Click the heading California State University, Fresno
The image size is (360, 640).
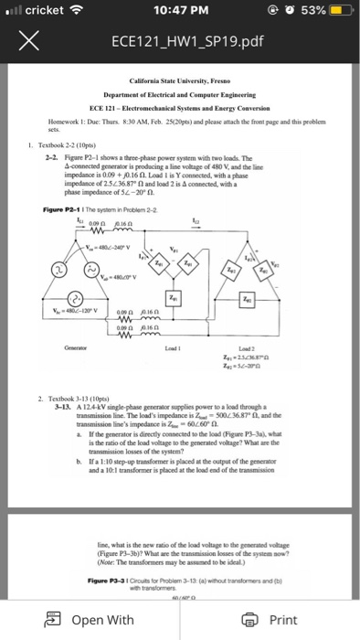click(179, 81)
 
